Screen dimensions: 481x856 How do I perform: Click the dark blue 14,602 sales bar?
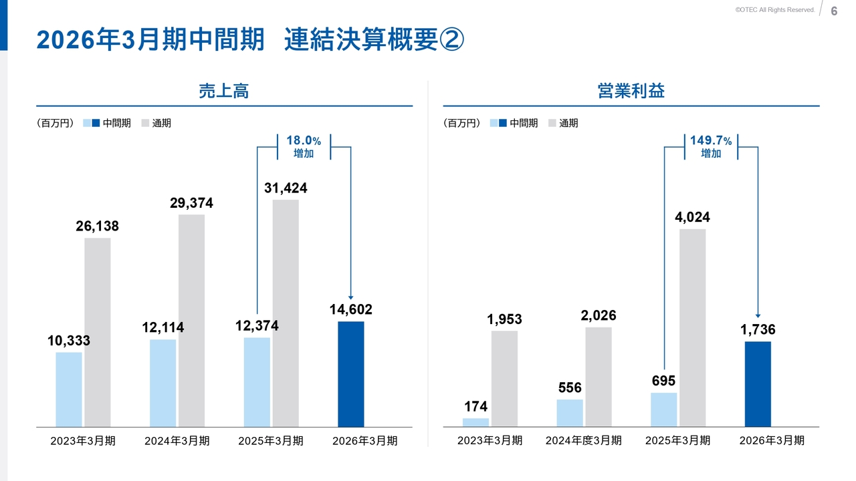pyautogui.click(x=351, y=374)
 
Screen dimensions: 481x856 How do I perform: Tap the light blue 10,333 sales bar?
pyautogui.click(x=69, y=389)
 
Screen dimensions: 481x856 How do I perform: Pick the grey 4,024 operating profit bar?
pyautogui.click(x=692, y=327)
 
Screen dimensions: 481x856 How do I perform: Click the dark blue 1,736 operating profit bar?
pyautogui.click(x=758, y=384)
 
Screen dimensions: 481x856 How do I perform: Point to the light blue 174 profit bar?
pyautogui.click(x=475, y=422)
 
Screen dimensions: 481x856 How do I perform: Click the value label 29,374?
pyautogui.click(x=191, y=204)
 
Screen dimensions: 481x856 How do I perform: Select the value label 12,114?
pyautogui.click(x=163, y=328)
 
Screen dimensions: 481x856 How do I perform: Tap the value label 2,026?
pyautogui.click(x=599, y=315)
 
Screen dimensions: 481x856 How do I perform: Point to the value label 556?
pyautogui.click(x=570, y=388)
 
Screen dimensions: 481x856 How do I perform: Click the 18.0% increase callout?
pyautogui.click(x=304, y=147)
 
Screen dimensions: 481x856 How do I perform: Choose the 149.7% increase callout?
pyautogui.click(x=711, y=147)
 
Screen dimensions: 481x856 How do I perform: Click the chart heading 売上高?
pyautogui.click(x=224, y=92)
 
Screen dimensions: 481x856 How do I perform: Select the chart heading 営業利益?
pyautogui.click(x=631, y=92)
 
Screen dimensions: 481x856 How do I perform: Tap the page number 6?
pyautogui.click(x=834, y=11)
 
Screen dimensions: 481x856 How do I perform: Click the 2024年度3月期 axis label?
pyautogui.click(x=583, y=441)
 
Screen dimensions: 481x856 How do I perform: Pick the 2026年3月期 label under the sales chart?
pyautogui.click(x=365, y=441)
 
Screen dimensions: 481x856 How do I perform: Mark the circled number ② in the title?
pyautogui.click(x=451, y=39)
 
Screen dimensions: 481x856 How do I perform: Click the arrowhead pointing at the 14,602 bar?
pyautogui.click(x=350, y=297)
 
